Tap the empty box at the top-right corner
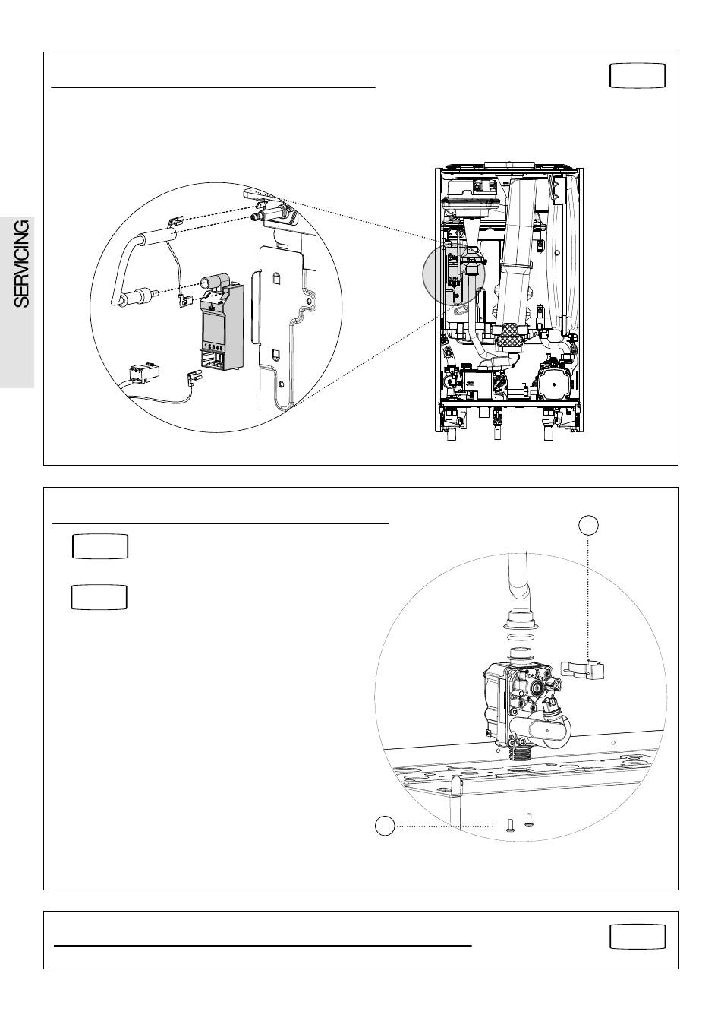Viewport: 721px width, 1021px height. click(638, 76)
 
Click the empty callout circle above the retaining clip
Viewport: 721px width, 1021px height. click(589, 524)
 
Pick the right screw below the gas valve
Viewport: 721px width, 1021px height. click(529, 819)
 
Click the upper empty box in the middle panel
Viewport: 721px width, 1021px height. click(100, 547)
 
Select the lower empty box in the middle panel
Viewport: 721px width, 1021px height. click(99, 597)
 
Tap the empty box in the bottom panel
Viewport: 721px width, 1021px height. click(638, 937)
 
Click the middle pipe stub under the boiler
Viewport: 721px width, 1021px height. click(497, 420)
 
